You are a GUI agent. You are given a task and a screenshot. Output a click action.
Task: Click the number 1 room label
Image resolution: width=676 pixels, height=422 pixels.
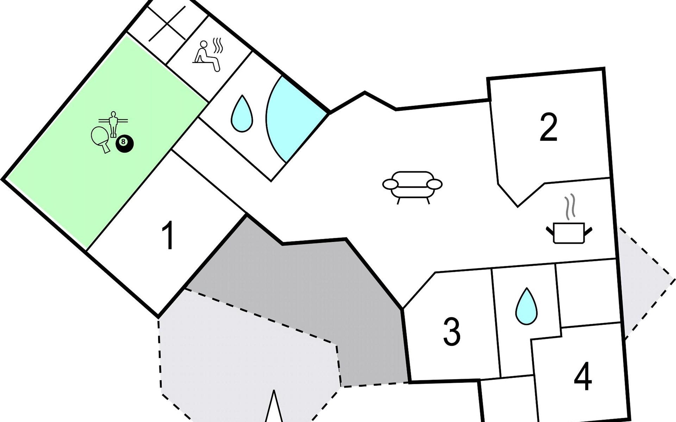(x=168, y=235)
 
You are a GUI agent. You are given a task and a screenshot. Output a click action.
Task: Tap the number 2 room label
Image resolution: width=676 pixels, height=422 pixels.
(x=548, y=127)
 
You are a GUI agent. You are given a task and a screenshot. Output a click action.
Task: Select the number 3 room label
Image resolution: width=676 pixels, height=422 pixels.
(x=452, y=331)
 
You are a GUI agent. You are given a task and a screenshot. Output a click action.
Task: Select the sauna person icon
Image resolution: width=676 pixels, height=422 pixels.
(x=207, y=57)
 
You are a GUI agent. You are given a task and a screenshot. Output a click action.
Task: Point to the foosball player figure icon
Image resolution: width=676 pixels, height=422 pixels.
(x=113, y=123)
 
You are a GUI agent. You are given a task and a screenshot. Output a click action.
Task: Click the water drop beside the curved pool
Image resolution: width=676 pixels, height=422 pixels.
(x=242, y=114)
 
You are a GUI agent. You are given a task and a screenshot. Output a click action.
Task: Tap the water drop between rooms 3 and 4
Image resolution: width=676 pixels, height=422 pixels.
(x=526, y=306)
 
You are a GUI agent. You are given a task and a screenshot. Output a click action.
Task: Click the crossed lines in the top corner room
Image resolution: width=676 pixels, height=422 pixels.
(x=167, y=23)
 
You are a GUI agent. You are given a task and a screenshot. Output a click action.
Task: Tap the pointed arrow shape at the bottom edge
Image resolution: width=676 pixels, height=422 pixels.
(x=274, y=408)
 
